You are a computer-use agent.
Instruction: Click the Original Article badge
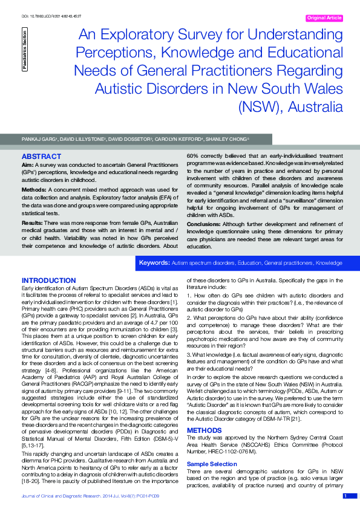(x=324, y=18)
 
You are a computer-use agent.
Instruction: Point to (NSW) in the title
(x=258, y=108)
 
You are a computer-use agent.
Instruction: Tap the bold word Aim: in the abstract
(x=27, y=164)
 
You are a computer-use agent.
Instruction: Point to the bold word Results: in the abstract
(x=32, y=222)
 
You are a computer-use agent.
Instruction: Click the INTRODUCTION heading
(x=49, y=280)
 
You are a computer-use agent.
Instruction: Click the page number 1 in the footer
(x=345, y=496)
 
